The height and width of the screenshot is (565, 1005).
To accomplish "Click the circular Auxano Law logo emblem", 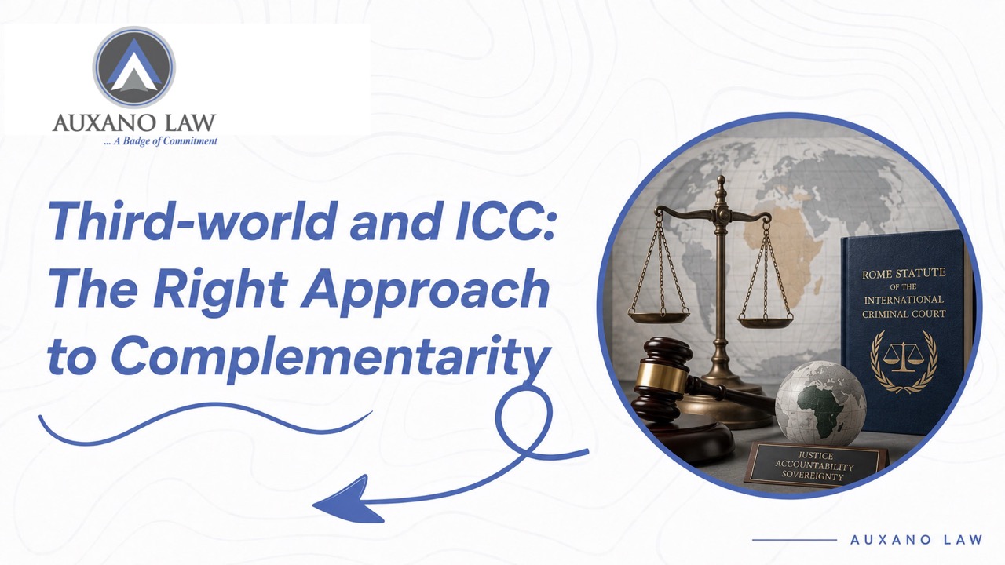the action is [133, 67].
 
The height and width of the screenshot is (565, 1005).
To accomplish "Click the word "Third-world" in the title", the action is [193, 221].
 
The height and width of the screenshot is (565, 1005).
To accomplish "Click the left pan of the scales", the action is [658, 315].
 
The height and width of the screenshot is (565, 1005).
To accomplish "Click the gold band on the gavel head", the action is [658, 375].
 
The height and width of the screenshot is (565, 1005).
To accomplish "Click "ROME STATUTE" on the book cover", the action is [904, 273].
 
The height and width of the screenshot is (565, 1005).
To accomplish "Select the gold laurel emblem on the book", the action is [904, 362].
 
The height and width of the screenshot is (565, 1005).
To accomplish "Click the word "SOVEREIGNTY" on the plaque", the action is [813, 476].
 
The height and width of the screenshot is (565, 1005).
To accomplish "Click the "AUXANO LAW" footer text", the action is [916, 539].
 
